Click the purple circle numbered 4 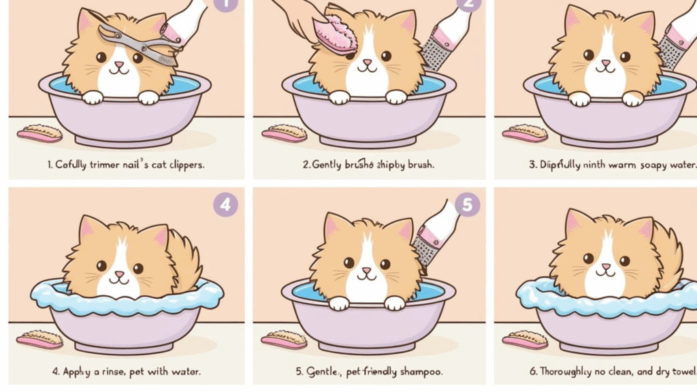[225, 204]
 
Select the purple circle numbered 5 [467, 204]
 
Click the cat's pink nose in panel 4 [120, 274]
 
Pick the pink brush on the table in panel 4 [39, 339]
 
